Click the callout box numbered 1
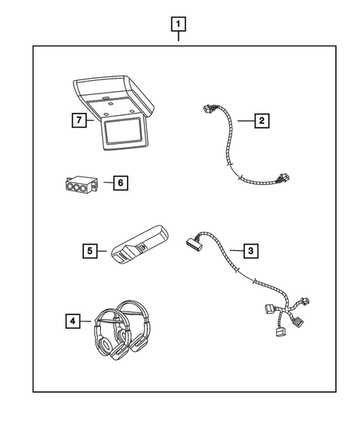[178, 24]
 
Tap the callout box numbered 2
[260, 120]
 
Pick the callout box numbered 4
[71, 321]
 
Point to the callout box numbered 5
[90, 252]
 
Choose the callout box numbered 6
[117, 182]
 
